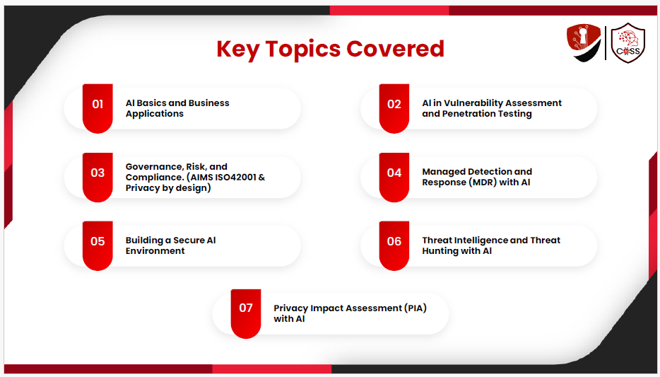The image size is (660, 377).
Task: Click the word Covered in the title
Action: (395, 49)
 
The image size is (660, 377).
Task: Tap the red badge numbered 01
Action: (98, 108)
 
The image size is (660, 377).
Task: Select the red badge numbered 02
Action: (394, 108)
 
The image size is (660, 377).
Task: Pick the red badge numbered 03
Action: (98, 178)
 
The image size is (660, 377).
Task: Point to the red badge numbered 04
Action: (394, 178)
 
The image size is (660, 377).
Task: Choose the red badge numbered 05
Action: (98, 245)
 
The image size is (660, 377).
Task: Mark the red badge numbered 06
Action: (394, 245)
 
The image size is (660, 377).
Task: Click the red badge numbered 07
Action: (246, 314)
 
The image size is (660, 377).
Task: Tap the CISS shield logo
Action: (628, 43)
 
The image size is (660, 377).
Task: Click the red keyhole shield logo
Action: (584, 42)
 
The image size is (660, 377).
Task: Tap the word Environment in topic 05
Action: (155, 251)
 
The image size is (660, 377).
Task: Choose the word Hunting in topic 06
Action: (439, 251)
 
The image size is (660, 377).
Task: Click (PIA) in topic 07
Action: (416, 308)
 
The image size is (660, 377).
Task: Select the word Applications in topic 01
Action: (155, 114)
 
